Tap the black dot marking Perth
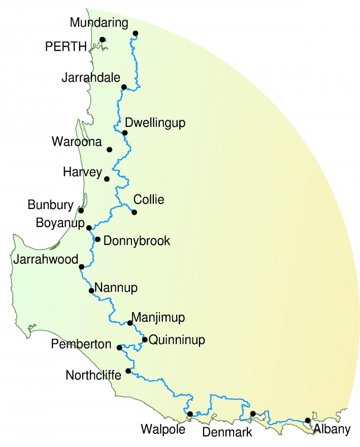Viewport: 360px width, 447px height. coord(102,40)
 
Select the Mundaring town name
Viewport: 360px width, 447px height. coord(100,23)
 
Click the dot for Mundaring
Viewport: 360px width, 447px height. coord(136,33)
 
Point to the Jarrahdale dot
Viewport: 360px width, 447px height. coord(124,87)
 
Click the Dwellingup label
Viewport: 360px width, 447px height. coord(155,123)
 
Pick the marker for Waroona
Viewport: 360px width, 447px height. coord(110,150)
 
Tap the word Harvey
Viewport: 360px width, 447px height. coord(82,172)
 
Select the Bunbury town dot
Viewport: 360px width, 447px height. coord(81,211)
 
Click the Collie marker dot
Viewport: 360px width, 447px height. coord(135,212)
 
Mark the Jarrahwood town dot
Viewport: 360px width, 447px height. coord(82,266)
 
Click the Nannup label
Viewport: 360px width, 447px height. coord(116,289)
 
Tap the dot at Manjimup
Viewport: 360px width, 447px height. coord(130,323)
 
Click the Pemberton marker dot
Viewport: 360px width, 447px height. coord(119,348)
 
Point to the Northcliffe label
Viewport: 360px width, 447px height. coord(93,375)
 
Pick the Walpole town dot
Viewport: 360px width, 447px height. coord(190,414)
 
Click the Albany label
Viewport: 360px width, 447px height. coord(332,430)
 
